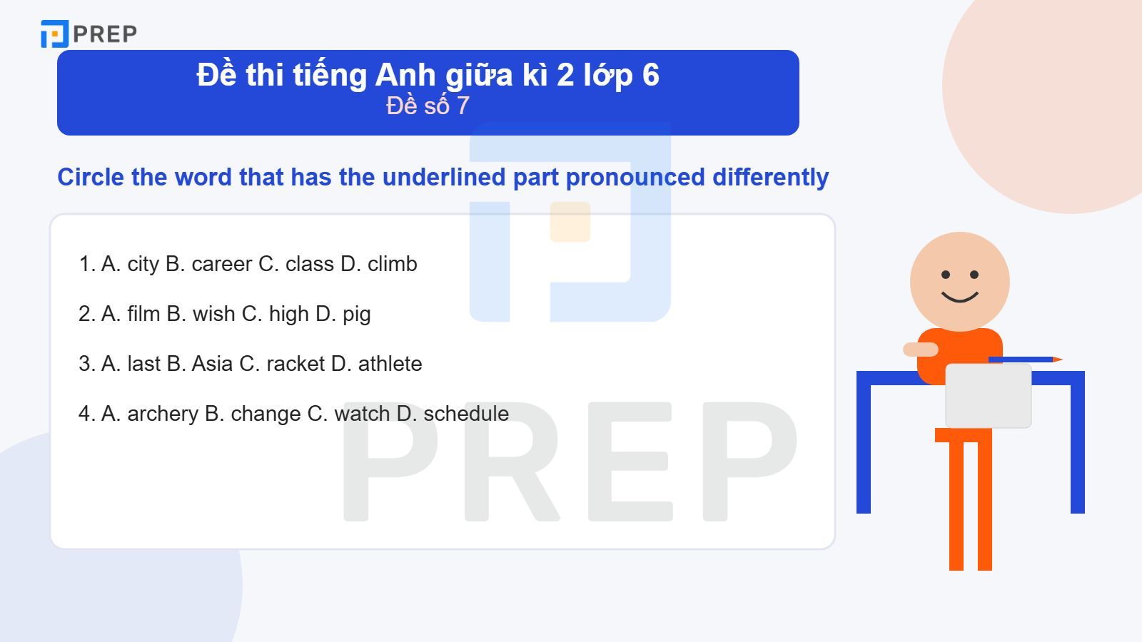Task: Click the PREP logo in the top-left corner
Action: pyautogui.click(x=89, y=34)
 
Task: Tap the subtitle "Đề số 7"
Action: pyautogui.click(x=428, y=106)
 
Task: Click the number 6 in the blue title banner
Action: pyautogui.click(x=650, y=75)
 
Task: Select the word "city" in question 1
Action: pyautogui.click(x=143, y=265)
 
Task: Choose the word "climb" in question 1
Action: pyautogui.click(x=392, y=264)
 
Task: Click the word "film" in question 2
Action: pyautogui.click(x=143, y=314)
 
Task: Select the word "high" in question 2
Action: pyautogui.click(x=288, y=315)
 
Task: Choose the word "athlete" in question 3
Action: pyautogui.click(x=390, y=364)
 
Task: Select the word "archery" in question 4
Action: pyautogui.click(x=163, y=414)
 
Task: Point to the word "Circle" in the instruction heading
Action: pyautogui.click(x=91, y=177)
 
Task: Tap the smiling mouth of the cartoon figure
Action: pyautogui.click(x=959, y=296)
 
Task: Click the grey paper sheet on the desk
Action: pyautogui.click(x=988, y=395)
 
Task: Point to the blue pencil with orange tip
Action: pyautogui.click(x=1025, y=360)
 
